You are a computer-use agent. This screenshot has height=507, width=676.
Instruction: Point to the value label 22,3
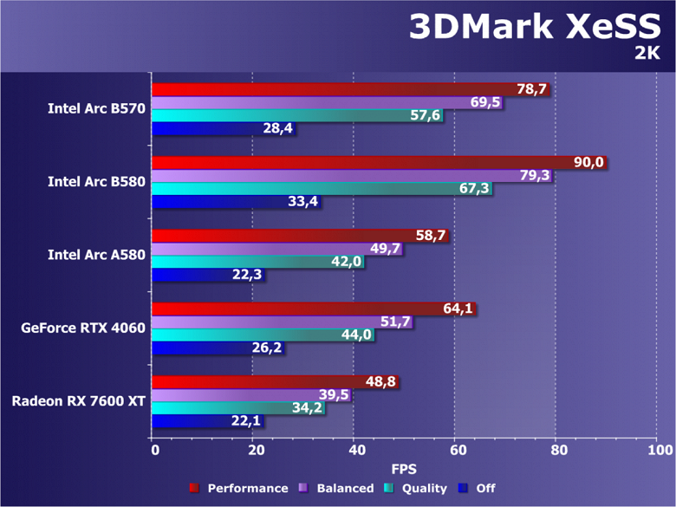point(248,275)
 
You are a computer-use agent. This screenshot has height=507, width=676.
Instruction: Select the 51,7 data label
point(395,322)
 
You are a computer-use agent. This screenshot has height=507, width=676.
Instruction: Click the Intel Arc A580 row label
point(96,255)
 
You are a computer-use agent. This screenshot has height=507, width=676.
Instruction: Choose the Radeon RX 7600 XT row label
point(79,401)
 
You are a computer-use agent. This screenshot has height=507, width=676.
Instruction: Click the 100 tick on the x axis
point(659,451)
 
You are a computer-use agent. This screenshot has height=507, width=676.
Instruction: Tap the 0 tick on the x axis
point(153,451)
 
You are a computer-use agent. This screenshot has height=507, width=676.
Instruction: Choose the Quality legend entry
point(418,489)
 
